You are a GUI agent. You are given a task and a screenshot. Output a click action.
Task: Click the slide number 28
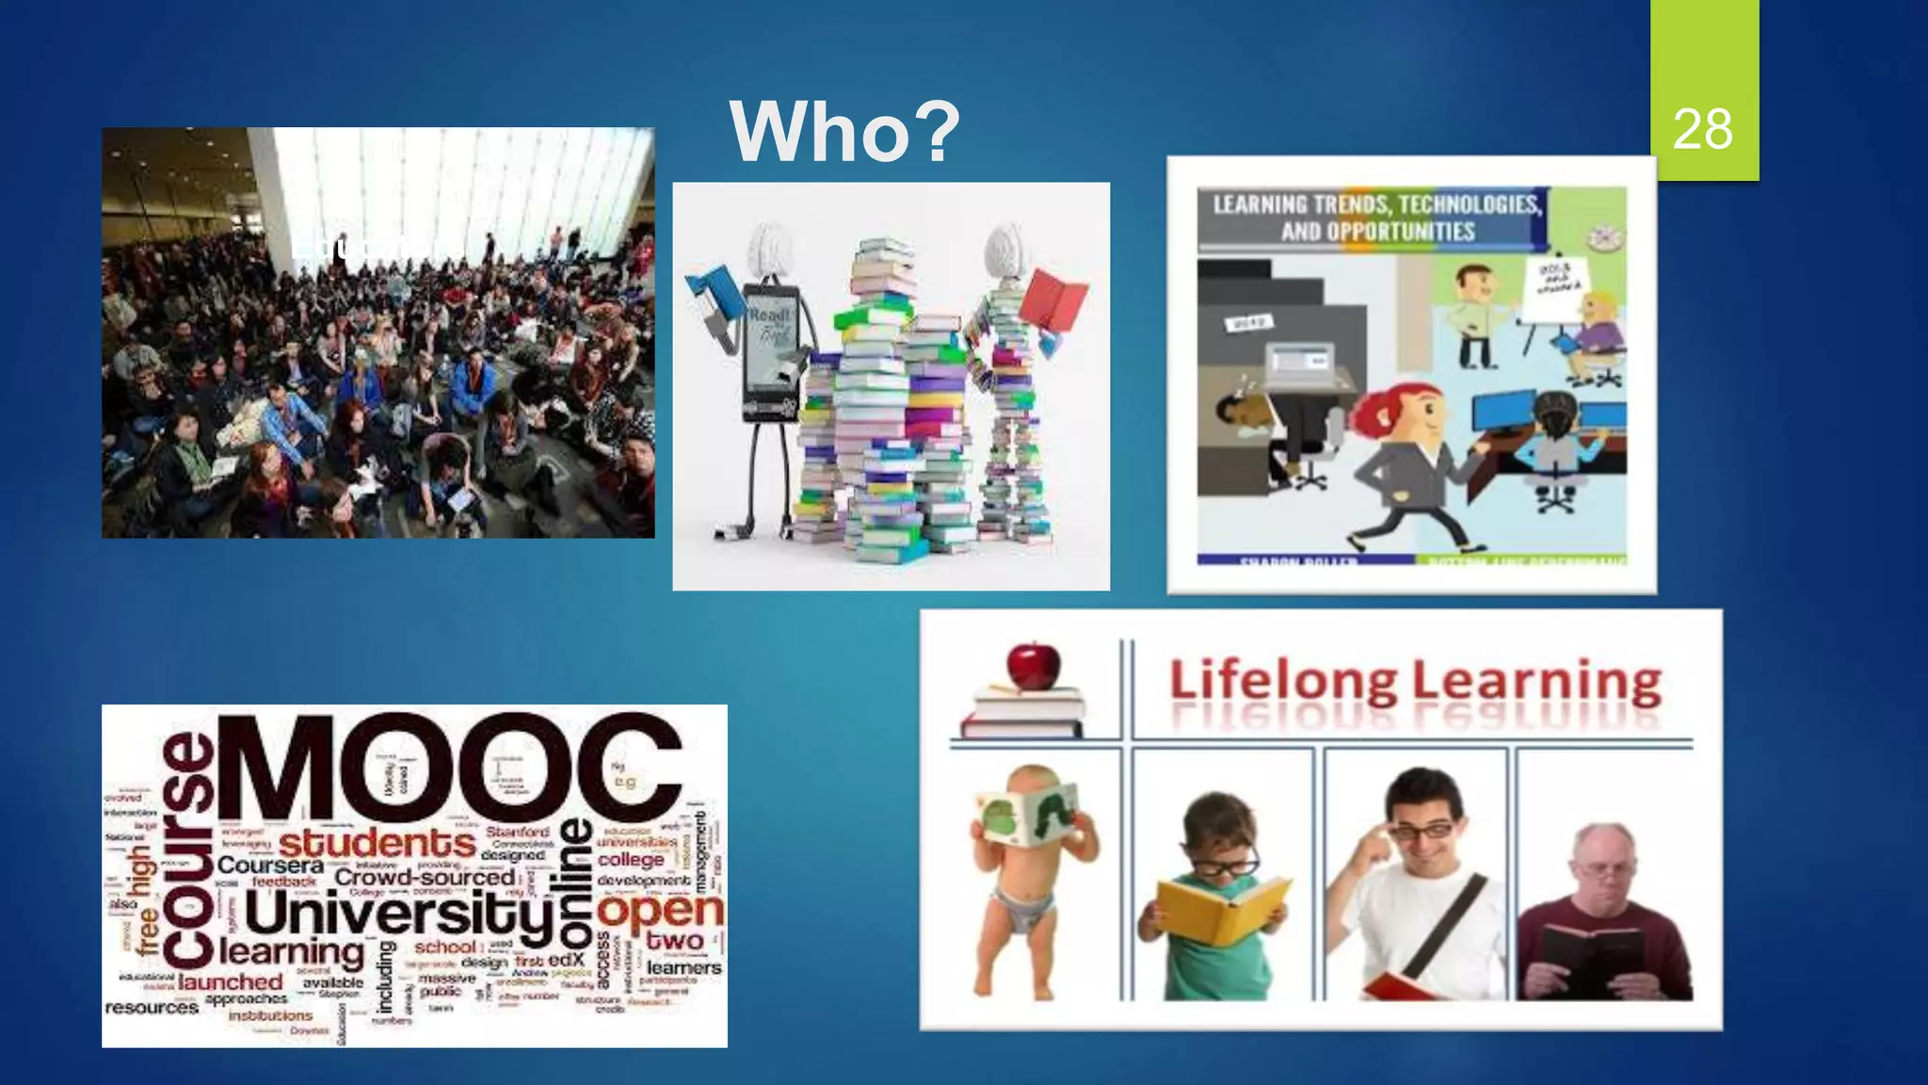(1703, 129)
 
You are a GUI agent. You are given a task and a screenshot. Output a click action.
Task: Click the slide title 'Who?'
(844, 132)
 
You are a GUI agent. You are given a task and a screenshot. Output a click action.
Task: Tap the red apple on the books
(1033, 665)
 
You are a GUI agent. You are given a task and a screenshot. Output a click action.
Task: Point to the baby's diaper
(1023, 910)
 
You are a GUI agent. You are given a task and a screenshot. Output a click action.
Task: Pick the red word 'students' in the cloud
(377, 841)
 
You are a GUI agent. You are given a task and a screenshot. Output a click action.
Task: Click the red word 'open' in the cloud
(660, 910)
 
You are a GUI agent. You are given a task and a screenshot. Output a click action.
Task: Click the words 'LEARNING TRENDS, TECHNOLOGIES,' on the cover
(1376, 204)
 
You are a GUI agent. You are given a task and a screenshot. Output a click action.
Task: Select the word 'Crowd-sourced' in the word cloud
(425, 877)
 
